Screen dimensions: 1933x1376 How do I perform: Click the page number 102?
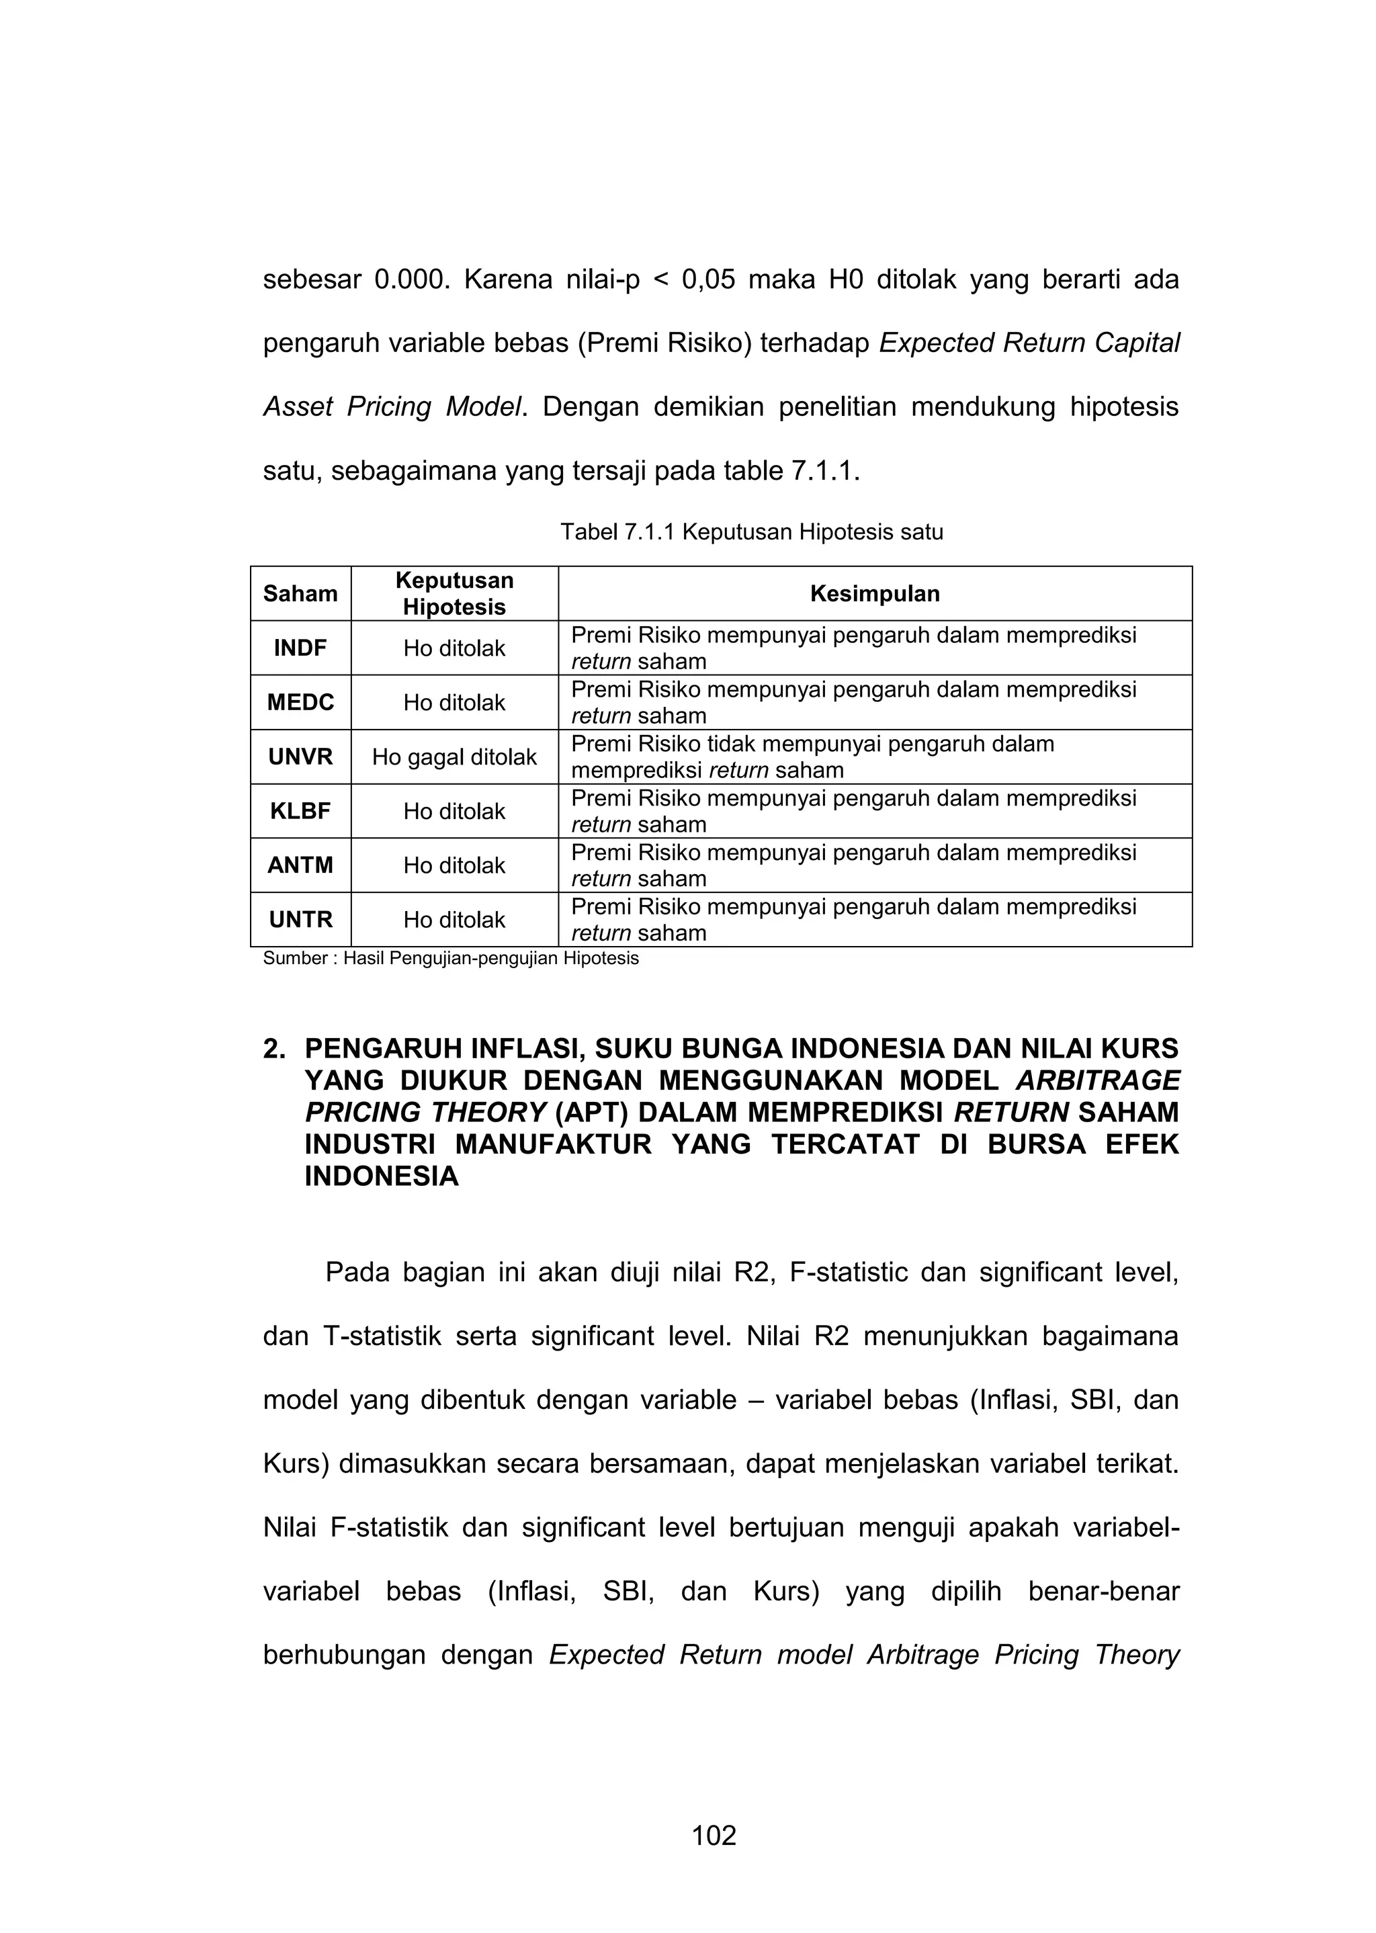tap(714, 1836)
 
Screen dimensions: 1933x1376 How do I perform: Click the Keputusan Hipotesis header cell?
tap(454, 594)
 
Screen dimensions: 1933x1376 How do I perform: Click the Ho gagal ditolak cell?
tap(454, 757)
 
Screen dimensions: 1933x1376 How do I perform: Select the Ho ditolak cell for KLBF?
tap(454, 812)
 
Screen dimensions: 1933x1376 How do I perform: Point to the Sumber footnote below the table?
tap(450, 959)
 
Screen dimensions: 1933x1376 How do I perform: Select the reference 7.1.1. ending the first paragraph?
tap(825, 471)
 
